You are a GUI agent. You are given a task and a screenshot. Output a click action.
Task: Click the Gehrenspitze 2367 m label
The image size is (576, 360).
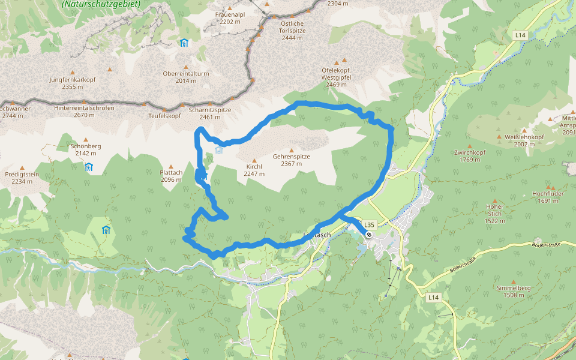[292, 160]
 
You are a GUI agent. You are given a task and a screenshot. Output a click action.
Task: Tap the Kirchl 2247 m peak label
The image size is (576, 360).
[254, 170]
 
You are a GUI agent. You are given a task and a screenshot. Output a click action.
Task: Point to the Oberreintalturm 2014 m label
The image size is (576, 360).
[186, 77]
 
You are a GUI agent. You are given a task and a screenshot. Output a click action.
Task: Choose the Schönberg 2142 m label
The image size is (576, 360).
[85, 149]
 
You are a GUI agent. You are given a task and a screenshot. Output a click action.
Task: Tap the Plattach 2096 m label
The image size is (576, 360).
[171, 176]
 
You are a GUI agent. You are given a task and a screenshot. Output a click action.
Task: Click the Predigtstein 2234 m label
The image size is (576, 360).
[22, 178]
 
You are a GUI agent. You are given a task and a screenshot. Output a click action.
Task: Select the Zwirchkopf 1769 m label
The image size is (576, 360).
[470, 156]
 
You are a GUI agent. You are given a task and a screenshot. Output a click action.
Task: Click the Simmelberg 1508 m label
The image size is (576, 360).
[514, 292]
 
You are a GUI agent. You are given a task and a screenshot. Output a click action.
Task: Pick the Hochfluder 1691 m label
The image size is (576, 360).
[548, 197]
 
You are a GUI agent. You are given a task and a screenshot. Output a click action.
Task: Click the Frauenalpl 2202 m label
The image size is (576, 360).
[230, 17]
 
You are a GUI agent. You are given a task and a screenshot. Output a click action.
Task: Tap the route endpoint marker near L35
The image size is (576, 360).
[369, 235]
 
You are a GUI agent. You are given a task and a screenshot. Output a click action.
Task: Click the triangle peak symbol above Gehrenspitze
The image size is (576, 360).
[292, 150]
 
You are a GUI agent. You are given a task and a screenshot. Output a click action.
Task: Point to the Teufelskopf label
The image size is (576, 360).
[164, 116]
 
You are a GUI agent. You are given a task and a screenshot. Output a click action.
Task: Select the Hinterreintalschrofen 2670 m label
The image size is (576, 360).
[84, 111]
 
